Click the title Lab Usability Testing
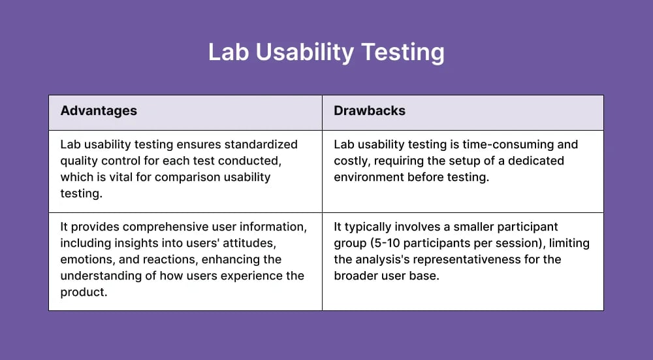326,52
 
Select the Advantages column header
99,110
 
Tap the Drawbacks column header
369,110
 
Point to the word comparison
187,177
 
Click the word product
83,292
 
